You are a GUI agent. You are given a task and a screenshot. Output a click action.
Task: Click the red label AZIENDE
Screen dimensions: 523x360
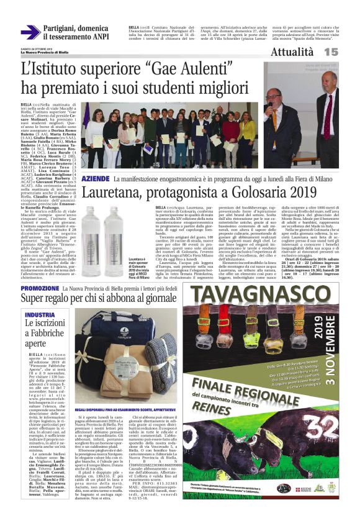coord(96,178)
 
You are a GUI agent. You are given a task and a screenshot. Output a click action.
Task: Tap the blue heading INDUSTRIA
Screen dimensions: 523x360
coord(40,315)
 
